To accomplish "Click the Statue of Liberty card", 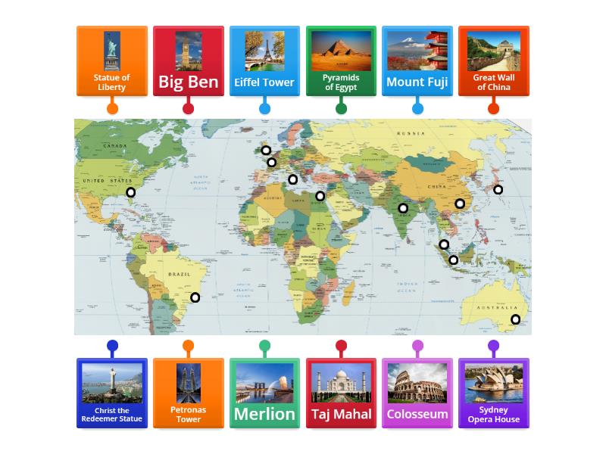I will [x=112, y=61].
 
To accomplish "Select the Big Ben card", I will [x=189, y=61].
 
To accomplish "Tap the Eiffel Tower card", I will [x=264, y=61].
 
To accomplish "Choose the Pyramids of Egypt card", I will [x=341, y=61].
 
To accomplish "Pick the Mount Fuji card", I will [x=417, y=61].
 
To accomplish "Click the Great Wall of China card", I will [x=493, y=61].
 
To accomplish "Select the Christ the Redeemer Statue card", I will [x=112, y=393].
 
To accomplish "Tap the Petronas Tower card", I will [x=189, y=393].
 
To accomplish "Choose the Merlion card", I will [x=264, y=393].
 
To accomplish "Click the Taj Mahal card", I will [x=341, y=393].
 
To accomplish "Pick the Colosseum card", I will [x=417, y=393].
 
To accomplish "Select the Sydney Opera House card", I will [x=493, y=393].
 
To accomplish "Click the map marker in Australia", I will [x=516, y=319].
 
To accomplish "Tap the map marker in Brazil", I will [x=195, y=297].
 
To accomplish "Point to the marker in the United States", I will [x=131, y=192].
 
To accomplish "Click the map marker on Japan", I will [x=498, y=189].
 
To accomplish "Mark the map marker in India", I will [x=403, y=208].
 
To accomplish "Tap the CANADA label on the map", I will [x=114, y=145].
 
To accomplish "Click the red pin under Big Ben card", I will [x=189, y=108].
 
